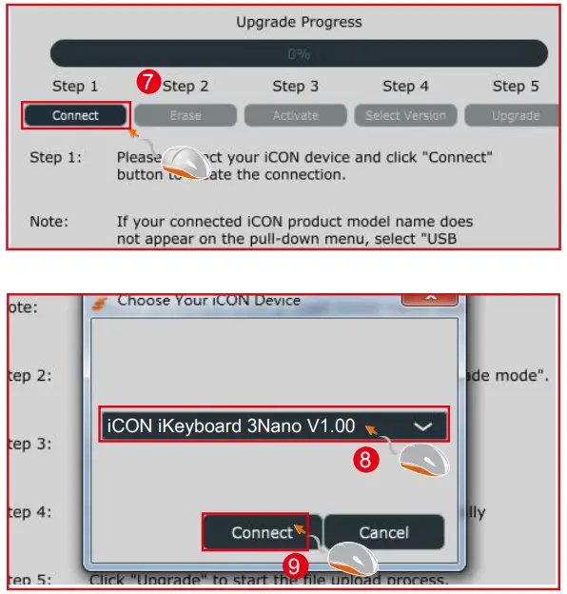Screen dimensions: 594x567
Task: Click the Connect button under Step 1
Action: click(x=75, y=116)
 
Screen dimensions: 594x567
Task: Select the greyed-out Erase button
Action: click(x=186, y=116)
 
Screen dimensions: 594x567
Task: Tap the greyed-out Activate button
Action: click(x=296, y=116)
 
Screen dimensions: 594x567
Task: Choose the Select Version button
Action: click(x=405, y=116)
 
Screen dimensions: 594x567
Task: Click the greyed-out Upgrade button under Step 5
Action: click(x=515, y=116)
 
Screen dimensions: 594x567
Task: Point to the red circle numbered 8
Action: click(x=366, y=459)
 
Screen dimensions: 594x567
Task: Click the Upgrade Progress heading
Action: click(x=299, y=22)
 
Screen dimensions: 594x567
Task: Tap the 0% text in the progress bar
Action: click(x=299, y=54)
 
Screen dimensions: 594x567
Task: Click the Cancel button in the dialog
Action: click(x=383, y=532)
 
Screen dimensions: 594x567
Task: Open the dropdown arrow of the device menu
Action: click(x=422, y=426)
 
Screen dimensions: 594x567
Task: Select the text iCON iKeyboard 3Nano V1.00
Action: click(x=231, y=426)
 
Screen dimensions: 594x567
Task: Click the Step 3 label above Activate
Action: click(x=296, y=86)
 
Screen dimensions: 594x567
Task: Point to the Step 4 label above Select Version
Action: click(x=405, y=86)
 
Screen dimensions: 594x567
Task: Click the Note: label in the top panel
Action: click(x=49, y=222)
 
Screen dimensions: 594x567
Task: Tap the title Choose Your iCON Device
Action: click(x=208, y=301)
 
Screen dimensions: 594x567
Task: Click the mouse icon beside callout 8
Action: click(x=420, y=462)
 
